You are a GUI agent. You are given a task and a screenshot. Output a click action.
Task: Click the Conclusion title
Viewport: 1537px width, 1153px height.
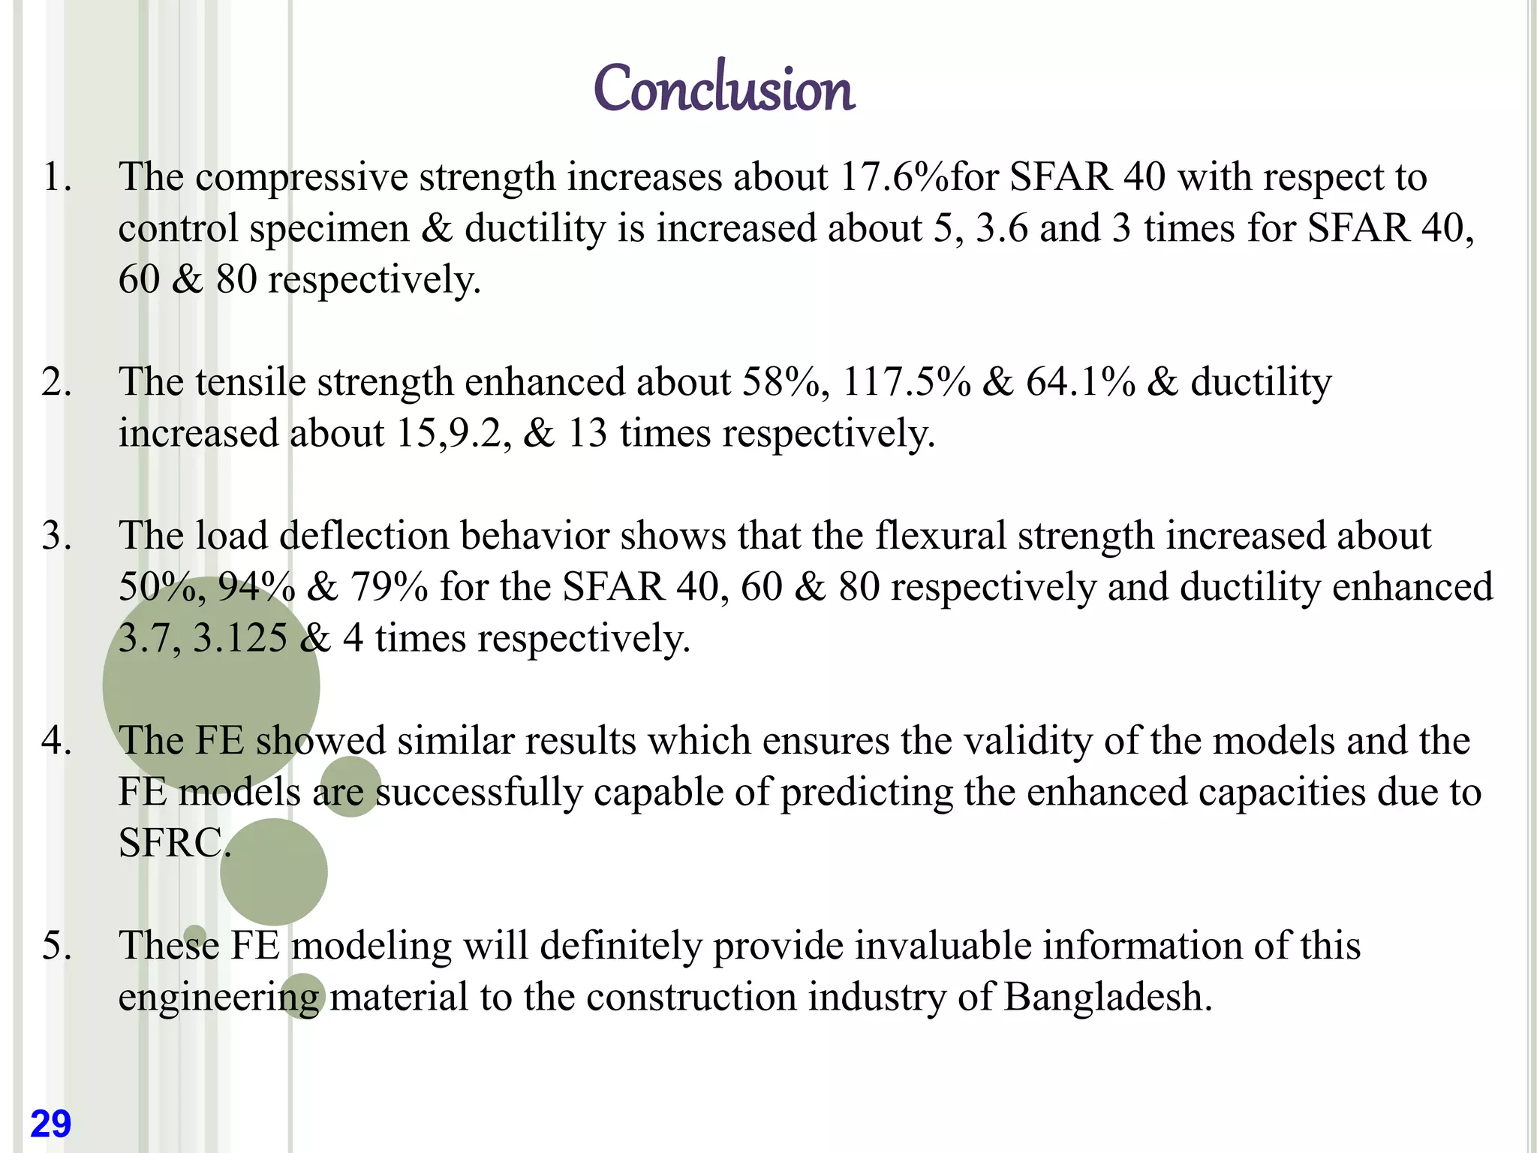point(723,89)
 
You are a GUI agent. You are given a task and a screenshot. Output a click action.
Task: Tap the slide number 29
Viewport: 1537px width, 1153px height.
point(50,1124)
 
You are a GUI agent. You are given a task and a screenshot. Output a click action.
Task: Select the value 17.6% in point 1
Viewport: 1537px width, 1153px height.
point(894,177)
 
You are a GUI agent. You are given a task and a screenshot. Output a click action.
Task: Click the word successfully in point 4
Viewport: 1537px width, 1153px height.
point(479,793)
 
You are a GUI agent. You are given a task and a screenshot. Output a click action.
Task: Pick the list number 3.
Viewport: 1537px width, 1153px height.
point(56,536)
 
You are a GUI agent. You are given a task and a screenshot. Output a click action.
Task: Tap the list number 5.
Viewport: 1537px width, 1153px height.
point(56,945)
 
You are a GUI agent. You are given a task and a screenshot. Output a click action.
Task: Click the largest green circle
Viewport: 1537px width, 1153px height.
point(211,685)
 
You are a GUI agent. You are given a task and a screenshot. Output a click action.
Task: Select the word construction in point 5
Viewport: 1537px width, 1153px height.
point(690,997)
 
